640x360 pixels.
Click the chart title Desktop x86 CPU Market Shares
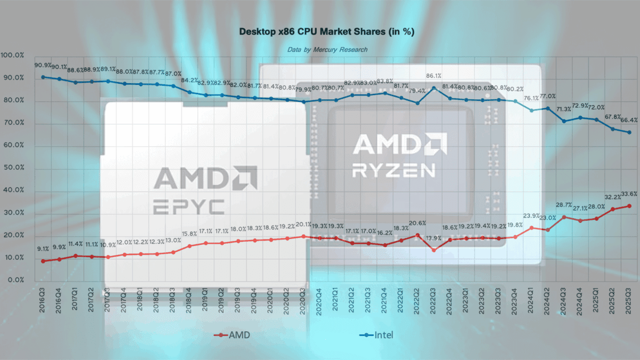[x=327, y=33]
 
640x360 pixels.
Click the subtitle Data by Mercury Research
[x=327, y=50]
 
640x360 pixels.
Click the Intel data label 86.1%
[x=434, y=76]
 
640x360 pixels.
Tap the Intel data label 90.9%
[x=44, y=65]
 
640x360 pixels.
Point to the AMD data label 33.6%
[x=629, y=194]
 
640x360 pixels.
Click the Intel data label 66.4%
[x=629, y=120]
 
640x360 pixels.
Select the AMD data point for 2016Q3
[x=43, y=261]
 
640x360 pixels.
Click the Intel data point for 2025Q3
[x=629, y=132]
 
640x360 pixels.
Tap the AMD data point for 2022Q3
[x=434, y=250]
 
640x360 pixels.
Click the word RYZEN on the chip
[x=394, y=170]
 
